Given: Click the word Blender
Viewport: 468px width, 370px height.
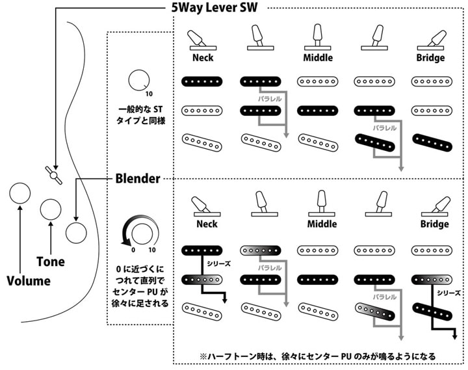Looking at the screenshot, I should tap(138, 178).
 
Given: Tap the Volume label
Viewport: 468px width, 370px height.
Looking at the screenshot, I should tap(28, 281).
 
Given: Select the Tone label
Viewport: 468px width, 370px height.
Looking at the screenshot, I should tap(51, 262).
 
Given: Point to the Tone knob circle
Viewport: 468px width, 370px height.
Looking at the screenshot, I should tap(51, 209).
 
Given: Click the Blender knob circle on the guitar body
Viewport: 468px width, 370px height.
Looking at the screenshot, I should tap(76, 232).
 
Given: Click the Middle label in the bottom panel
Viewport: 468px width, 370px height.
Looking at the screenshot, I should tap(320, 224).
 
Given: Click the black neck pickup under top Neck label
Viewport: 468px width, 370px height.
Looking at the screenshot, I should tap(203, 82).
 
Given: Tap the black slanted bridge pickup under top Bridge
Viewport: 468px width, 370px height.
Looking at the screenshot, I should tap(432, 141).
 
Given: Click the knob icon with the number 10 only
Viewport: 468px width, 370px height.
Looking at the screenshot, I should tap(138, 81).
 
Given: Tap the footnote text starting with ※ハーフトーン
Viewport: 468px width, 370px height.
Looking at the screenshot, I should tap(318, 356).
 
